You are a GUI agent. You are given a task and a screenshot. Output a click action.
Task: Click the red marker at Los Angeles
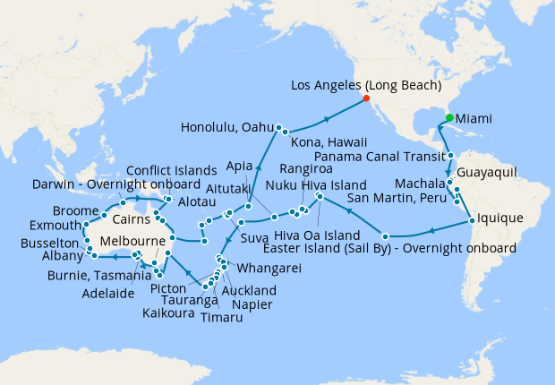365,98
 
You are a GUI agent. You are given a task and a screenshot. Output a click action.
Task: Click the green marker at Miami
448,117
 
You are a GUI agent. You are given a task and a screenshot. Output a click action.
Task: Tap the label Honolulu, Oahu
226,127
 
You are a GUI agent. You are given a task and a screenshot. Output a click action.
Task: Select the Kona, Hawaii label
329,140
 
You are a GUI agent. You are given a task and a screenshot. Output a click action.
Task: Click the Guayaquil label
487,172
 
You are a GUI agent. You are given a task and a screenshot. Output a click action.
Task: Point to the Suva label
256,239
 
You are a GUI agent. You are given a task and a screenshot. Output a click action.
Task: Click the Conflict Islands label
170,171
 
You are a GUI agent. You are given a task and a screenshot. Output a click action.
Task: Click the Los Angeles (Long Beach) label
367,86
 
